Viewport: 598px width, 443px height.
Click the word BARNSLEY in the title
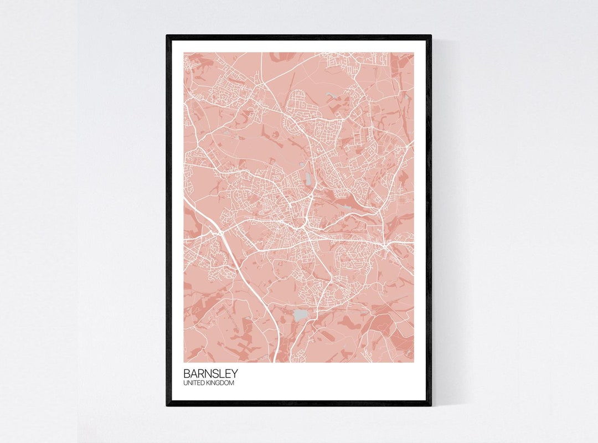[211, 374]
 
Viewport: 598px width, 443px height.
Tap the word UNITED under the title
[194, 383]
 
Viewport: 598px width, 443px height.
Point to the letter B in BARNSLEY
[187, 374]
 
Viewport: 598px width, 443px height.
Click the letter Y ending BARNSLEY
[235, 374]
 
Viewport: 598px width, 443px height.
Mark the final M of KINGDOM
[232, 383]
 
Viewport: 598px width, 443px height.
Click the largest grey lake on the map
[300, 315]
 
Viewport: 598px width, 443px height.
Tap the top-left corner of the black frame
[167, 36]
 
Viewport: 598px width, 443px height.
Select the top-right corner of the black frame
[430, 36]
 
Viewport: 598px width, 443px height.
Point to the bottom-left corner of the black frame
[167, 405]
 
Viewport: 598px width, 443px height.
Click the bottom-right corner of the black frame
[430, 405]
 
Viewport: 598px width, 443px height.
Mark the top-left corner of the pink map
[184, 53]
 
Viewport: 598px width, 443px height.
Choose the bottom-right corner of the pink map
[413, 362]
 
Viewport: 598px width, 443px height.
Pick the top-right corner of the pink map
[413, 53]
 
